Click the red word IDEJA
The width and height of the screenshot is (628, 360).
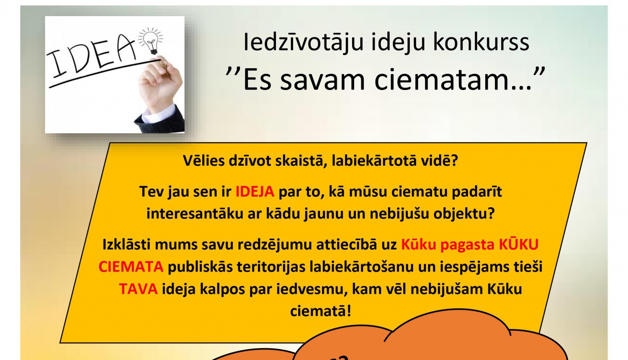pyautogui.click(x=255, y=192)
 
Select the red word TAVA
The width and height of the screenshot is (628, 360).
pyautogui.click(x=138, y=289)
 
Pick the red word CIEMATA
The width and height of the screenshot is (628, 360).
pyautogui.click(x=131, y=266)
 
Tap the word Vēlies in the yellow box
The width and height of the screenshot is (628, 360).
pyautogui.click(x=204, y=160)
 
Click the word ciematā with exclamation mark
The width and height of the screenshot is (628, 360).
pyautogui.click(x=320, y=311)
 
